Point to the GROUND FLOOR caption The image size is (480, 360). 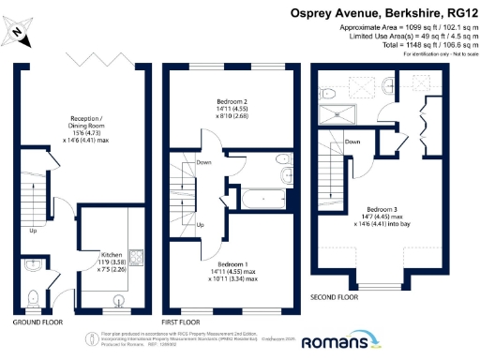tap(38, 322)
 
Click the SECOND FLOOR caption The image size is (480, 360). tap(334, 297)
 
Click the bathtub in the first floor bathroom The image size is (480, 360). tap(262, 199)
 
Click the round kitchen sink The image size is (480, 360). tap(118, 300)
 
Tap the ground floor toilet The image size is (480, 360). tap(33, 298)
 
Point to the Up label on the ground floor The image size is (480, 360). tap(34, 230)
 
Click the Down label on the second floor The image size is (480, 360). tap(352, 142)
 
